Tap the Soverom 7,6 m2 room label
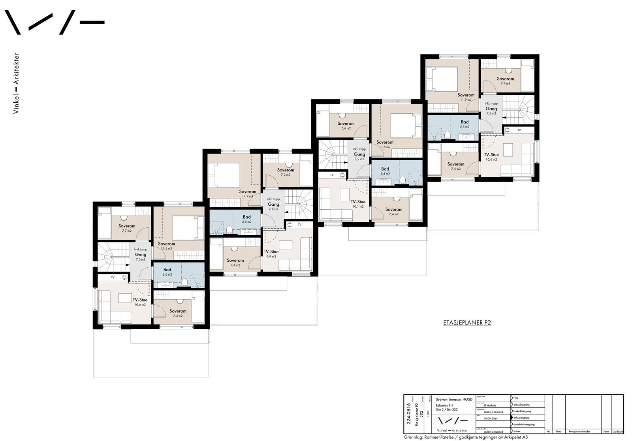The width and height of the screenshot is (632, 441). [346, 126]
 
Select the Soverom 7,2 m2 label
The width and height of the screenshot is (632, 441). [285, 172]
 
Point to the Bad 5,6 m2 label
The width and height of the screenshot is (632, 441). [167, 272]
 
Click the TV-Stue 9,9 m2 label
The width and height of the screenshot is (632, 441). [271, 254]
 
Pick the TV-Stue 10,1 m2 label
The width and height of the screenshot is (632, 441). [358, 204]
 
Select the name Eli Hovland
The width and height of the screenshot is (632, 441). [489, 405]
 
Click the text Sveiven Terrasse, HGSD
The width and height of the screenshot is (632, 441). [451, 399]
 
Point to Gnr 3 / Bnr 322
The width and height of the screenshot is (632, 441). [446, 410]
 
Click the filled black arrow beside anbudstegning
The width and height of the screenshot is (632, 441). [512, 418]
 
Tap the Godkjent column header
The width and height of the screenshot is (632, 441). [617, 432]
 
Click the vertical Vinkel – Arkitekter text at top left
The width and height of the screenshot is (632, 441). [16, 83]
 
